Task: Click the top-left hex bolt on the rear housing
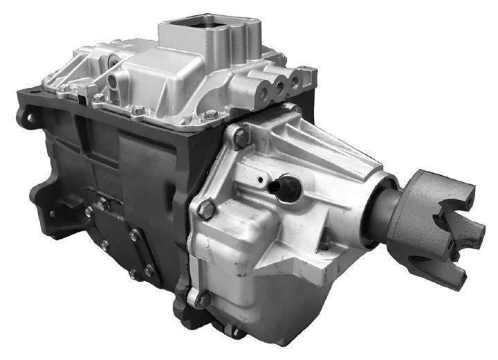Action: pos(240,137)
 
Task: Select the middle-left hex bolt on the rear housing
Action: pos(206,208)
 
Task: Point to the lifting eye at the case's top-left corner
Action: pos(26,118)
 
